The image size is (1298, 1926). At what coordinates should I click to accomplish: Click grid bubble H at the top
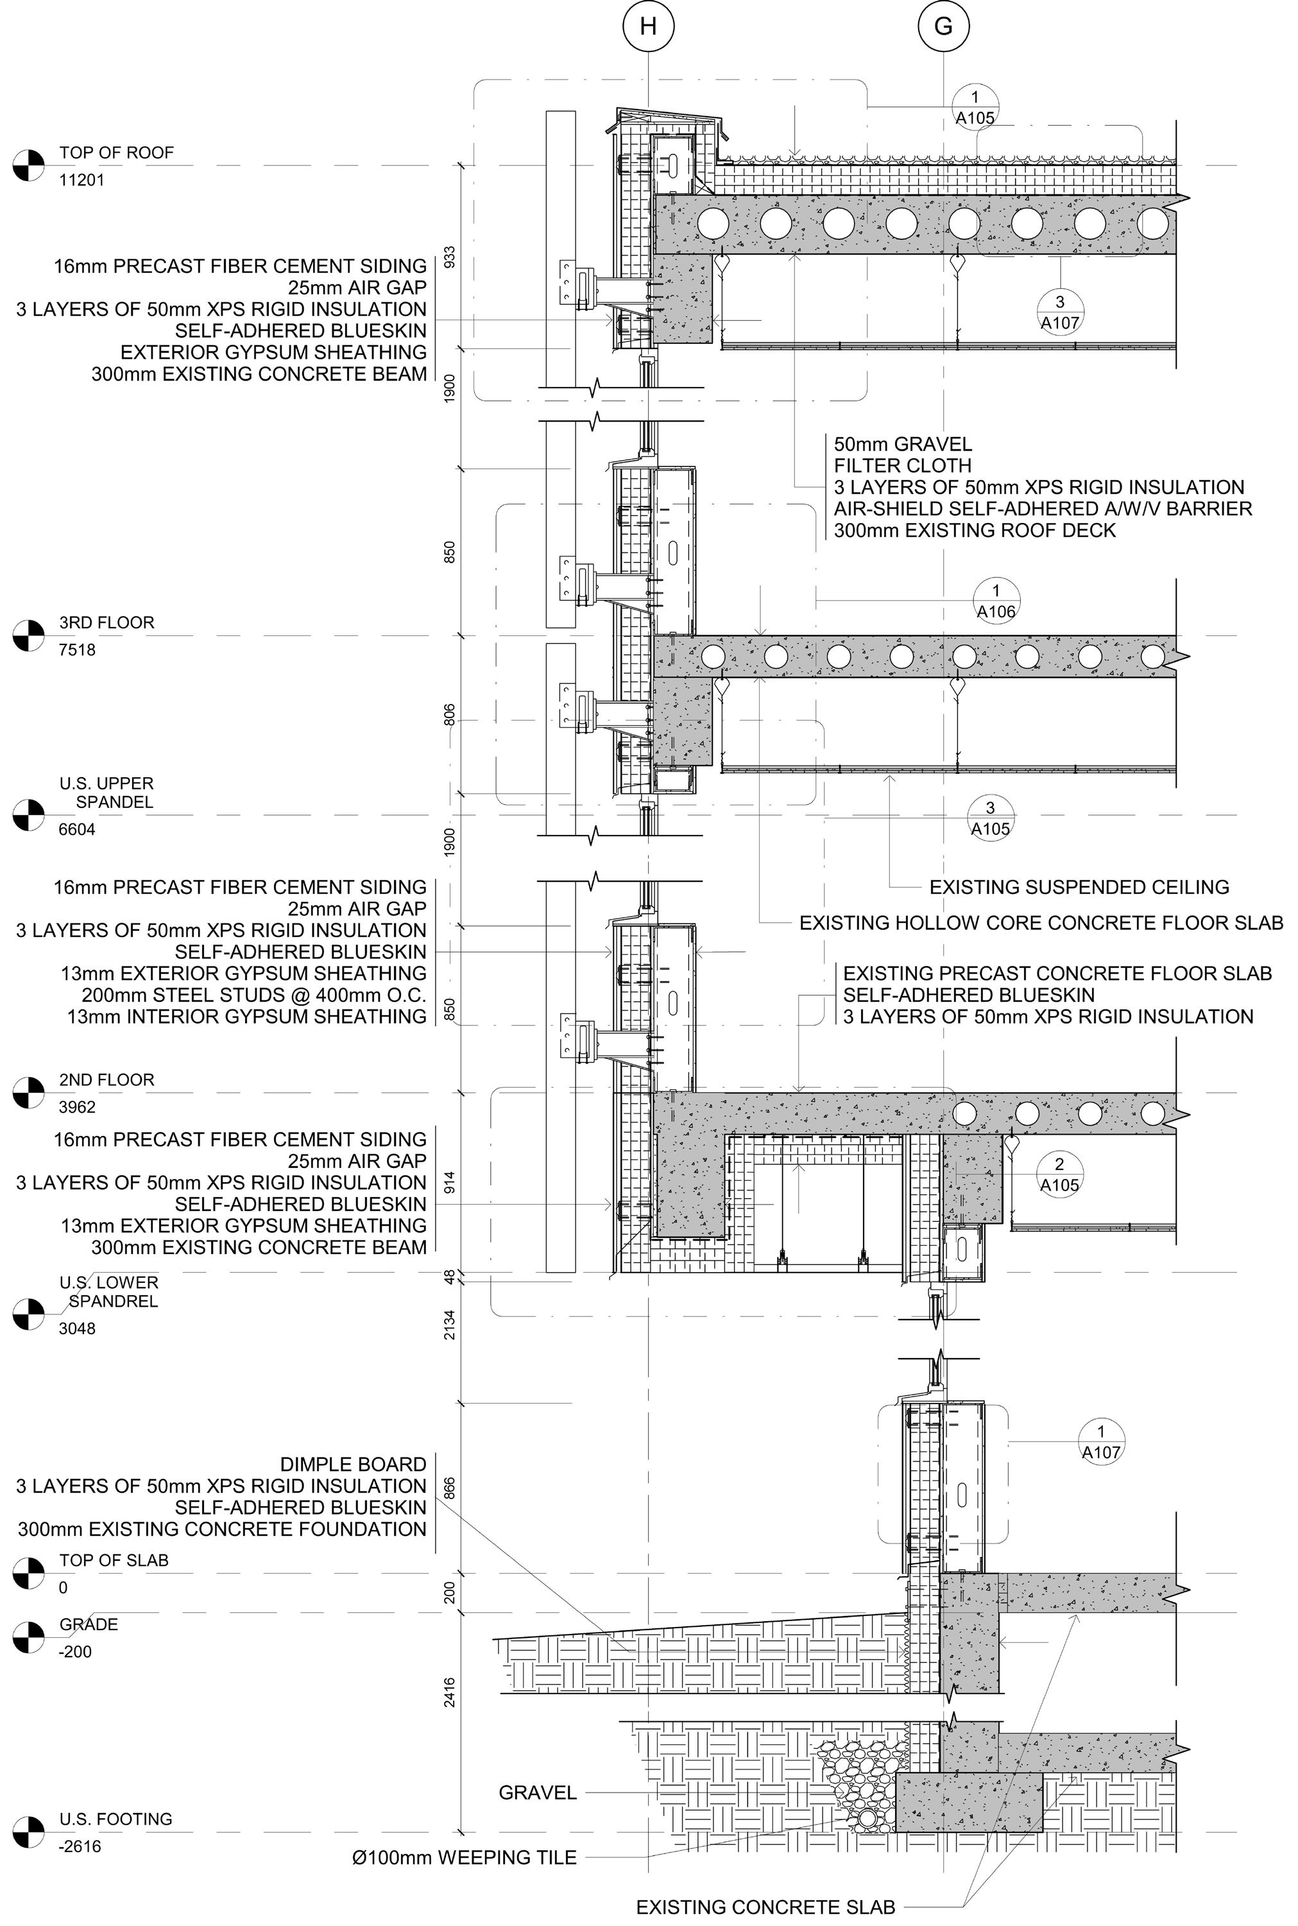[648, 26]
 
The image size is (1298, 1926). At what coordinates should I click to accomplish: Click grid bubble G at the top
[943, 26]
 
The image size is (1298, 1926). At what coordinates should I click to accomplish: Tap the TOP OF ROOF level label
[116, 152]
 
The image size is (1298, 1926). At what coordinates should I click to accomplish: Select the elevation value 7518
[77, 650]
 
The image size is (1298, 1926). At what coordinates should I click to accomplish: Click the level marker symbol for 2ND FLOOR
[28, 1092]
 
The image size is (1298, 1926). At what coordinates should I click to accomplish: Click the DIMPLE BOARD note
[353, 1464]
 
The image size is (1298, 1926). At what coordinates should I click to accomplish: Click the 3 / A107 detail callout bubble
[1059, 312]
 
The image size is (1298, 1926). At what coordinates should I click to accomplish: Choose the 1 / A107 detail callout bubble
[1100, 1441]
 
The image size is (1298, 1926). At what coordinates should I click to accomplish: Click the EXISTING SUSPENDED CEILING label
[1079, 887]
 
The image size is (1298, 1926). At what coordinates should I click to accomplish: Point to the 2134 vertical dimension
[450, 1325]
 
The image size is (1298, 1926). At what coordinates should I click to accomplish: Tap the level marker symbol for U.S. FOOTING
[28, 1831]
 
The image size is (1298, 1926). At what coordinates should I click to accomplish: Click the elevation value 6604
[77, 830]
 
